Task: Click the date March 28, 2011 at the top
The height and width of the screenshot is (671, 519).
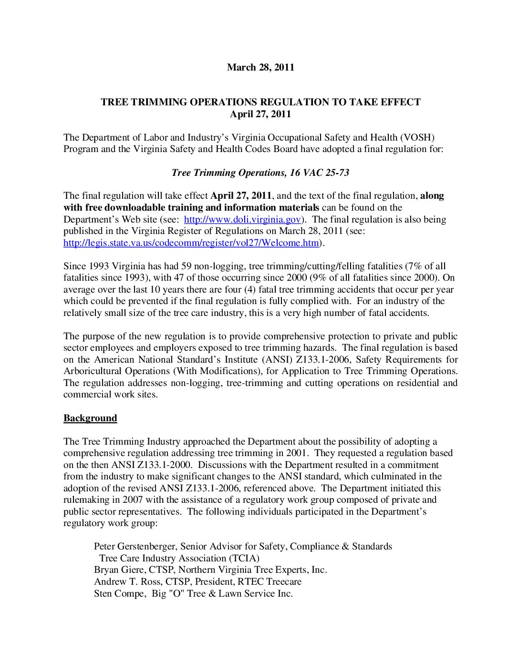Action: tap(260, 67)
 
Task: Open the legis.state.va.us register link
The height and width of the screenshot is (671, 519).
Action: tap(191, 243)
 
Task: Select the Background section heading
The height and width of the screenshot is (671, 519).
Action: tap(90, 418)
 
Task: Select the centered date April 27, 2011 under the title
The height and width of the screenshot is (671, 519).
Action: tap(260, 114)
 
